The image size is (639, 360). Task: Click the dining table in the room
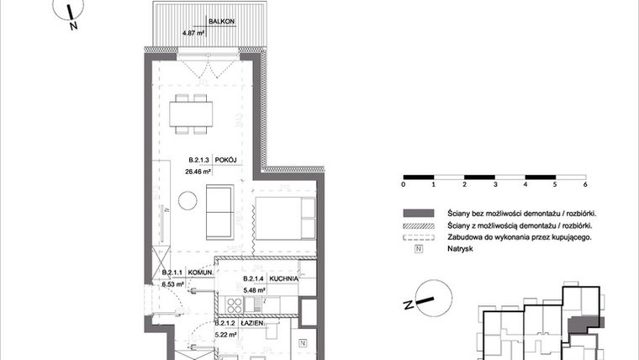192,113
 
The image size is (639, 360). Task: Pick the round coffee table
187,200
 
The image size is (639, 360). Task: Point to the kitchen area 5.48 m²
254,290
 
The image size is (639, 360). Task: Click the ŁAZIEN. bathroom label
252,323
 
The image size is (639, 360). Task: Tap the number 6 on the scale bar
584,183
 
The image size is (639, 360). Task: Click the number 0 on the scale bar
404,183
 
